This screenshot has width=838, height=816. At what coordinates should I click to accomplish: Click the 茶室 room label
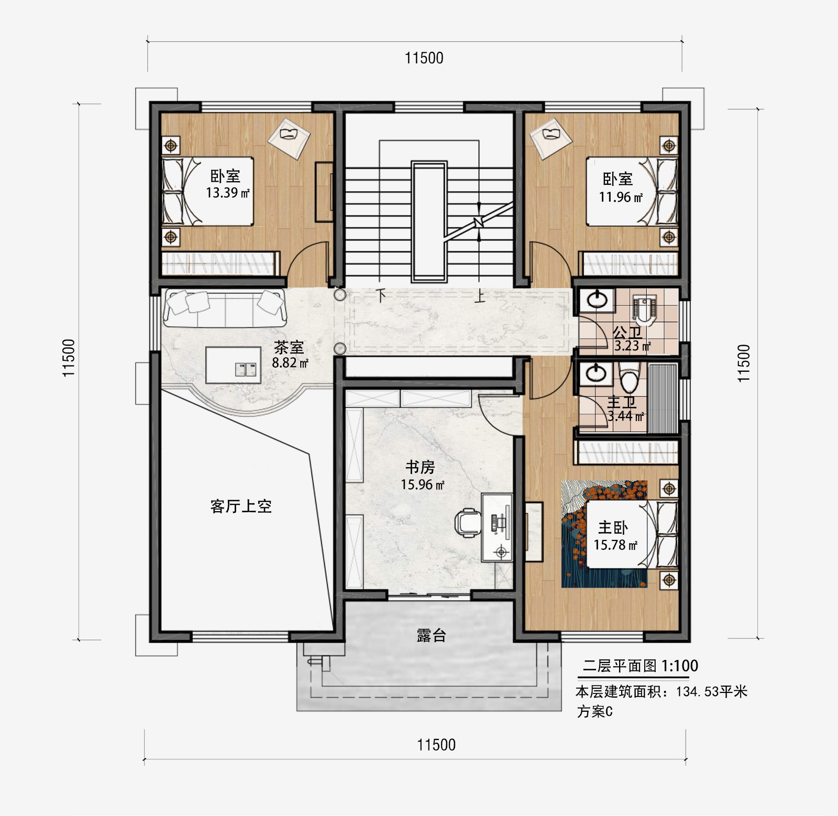pos(289,347)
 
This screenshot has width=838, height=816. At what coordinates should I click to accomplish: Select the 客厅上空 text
pos(241,506)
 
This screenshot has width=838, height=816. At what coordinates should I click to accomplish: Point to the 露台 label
pos(431,635)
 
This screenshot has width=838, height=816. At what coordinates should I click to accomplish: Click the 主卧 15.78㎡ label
pos(614,536)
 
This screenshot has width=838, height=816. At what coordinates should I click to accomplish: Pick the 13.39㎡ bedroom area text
pos(227,193)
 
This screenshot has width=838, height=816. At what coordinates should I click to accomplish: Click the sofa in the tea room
pos(225,308)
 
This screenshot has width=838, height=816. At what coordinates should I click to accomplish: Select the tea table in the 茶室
pos(233,365)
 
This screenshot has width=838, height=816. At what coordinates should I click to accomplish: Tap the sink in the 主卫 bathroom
pos(596,373)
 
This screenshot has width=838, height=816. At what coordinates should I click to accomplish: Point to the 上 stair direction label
pos(479,296)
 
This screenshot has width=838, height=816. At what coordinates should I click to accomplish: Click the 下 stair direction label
pos(382,295)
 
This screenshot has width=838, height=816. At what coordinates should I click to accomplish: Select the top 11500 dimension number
pos(424,58)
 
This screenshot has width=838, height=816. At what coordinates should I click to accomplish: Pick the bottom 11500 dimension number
pos(436,744)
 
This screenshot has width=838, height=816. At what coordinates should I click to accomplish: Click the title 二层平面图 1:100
pos(640,666)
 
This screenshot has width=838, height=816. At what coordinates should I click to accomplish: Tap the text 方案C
pos(594,711)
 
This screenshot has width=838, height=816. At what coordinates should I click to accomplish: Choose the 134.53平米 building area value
pos(711,691)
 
